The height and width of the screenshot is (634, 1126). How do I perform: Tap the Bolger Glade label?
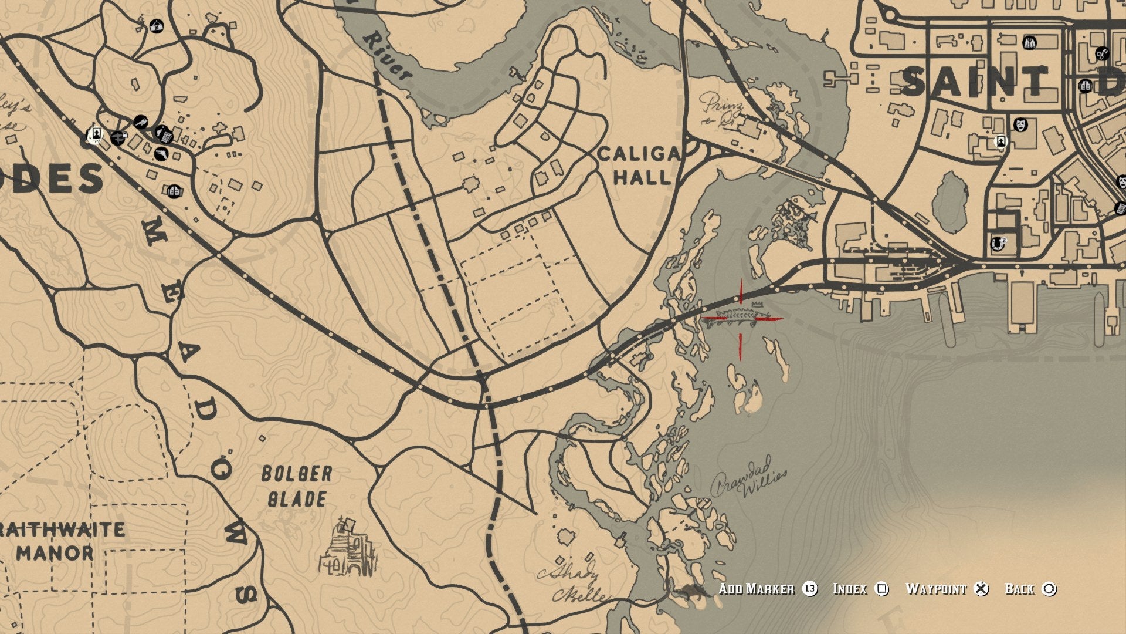coord(296,486)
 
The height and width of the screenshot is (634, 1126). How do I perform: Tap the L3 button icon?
coord(810,589)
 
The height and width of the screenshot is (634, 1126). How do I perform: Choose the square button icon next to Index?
coord(881,589)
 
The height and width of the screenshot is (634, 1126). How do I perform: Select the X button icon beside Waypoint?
coord(981,589)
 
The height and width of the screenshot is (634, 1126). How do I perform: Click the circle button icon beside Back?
coord(1049,589)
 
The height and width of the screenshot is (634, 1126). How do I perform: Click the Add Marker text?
coord(756,589)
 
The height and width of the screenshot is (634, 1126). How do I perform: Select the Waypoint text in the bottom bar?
coord(935,589)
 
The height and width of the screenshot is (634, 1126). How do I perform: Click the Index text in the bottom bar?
coord(850,589)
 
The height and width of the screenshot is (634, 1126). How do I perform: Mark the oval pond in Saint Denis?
coord(950,203)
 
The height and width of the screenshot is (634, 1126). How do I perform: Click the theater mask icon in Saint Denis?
coord(1021,125)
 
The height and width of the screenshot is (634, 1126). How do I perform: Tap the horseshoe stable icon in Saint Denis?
coord(996,243)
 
